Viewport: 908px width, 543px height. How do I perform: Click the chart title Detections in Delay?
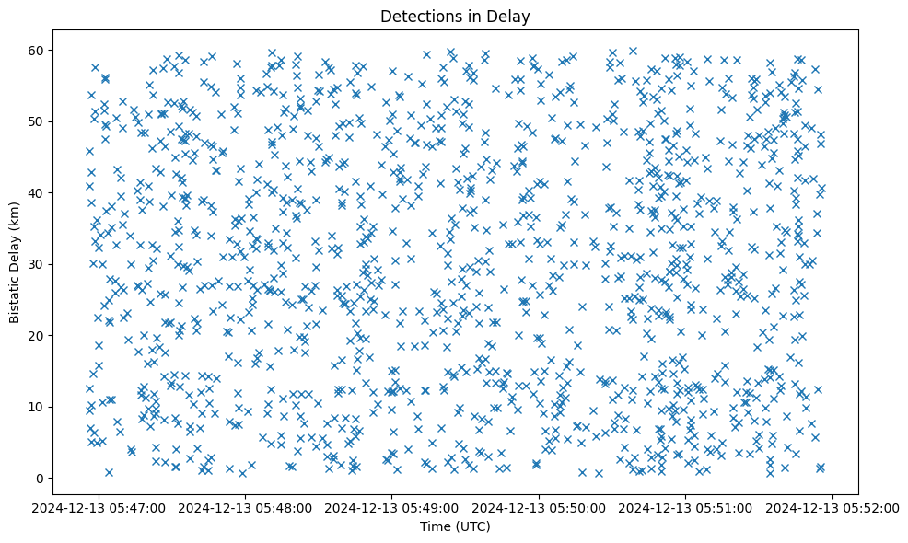455,16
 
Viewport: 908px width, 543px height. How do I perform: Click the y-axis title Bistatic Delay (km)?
16,262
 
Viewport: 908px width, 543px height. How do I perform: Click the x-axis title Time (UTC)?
455,526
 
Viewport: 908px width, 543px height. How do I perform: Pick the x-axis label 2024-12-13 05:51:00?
686,507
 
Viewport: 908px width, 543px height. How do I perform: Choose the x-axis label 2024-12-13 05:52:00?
832,507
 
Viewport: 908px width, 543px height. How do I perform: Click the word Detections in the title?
421,16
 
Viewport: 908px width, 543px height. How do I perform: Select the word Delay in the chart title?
511,16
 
